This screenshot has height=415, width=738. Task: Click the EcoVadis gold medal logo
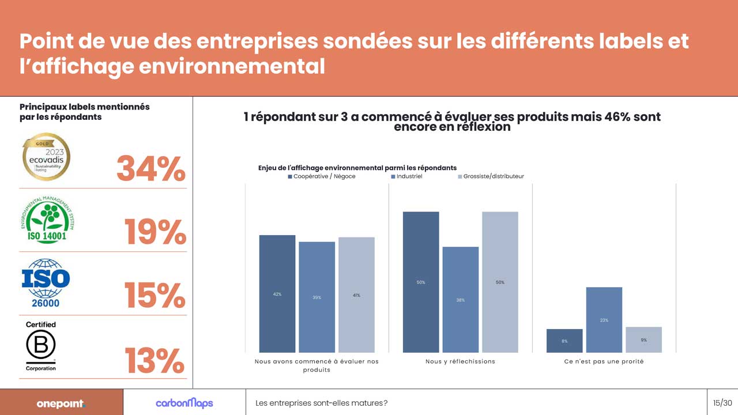46,157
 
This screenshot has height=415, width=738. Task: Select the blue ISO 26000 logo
46,282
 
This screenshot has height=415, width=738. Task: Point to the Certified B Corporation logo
41,346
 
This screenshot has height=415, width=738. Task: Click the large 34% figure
151,169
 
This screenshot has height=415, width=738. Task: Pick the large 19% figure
155,232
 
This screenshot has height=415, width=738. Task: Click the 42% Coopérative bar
277,293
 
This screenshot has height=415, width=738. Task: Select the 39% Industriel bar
317,297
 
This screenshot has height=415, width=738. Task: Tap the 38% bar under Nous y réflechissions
460,299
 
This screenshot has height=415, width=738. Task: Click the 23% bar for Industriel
604,319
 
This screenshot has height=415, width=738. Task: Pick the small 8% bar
564,341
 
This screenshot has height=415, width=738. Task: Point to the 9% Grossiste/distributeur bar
643,339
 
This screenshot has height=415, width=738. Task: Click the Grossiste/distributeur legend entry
491,176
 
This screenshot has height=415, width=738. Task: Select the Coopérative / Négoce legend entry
321,176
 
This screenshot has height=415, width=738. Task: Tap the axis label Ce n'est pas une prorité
604,361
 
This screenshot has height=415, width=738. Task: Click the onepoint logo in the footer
61,403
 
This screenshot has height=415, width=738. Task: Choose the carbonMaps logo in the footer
184,403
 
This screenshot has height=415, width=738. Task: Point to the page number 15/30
722,403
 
